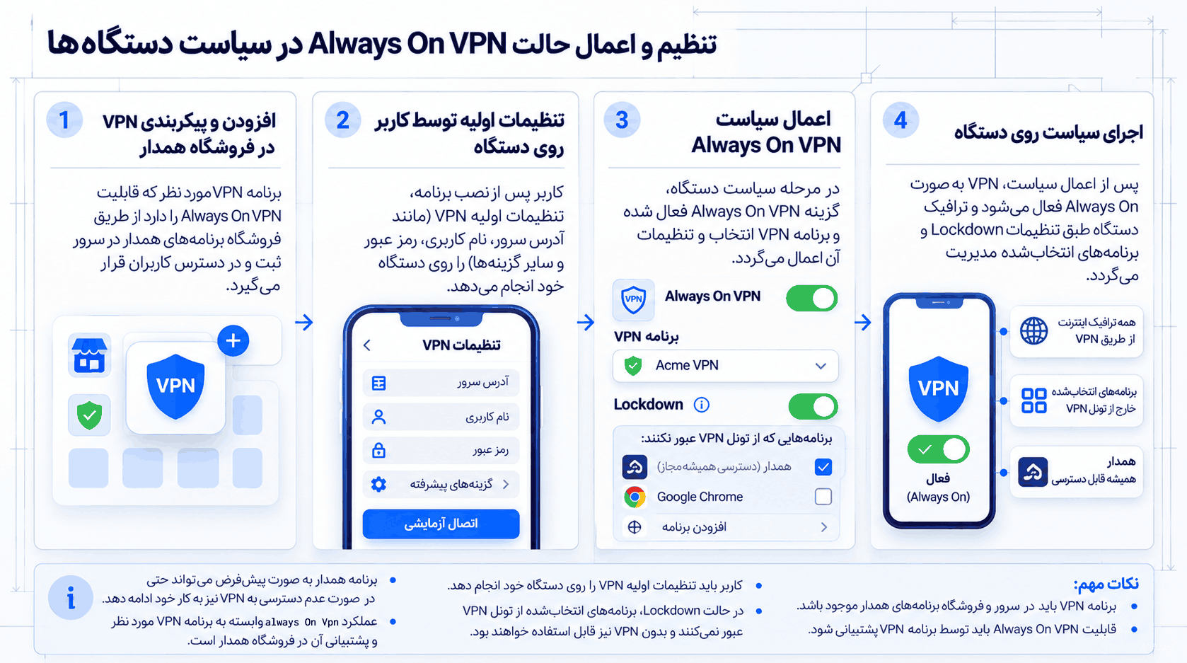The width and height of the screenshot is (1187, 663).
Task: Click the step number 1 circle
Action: pyautogui.click(x=64, y=120)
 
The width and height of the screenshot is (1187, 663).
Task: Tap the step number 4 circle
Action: pyautogui.click(x=901, y=120)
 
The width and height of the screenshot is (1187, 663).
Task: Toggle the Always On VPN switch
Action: pyautogui.click(x=811, y=298)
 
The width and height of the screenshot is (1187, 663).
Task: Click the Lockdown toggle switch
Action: pyautogui.click(x=813, y=406)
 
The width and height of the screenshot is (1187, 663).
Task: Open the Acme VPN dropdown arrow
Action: pyautogui.click(x=821, y=366)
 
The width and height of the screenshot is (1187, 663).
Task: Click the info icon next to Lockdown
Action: pyautogui.click(x=701, y=405)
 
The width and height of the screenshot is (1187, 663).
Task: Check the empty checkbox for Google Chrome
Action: pyautogui.click(x=823, y=497)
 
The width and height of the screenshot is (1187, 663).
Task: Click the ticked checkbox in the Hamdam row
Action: pyautogui.click(x=823, y=467)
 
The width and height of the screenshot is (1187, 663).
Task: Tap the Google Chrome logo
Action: pyautogui.click(x=635, y=497)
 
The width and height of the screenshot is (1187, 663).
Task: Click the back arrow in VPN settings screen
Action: pyautogui.click(x=367, y=345)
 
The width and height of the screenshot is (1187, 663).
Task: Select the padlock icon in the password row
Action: pyautogui.click(x=378, y=450)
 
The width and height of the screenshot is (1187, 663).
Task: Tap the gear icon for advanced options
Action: pyautogui.click(x=378, y=484)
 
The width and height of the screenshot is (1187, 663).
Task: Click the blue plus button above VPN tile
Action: pyautogui.click(x=233, y=341)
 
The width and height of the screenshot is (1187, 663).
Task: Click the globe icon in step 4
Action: pyautogui.click(x=1034, y=331)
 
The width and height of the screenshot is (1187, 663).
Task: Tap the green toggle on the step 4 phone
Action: pyautogui.click(x=939, y=449)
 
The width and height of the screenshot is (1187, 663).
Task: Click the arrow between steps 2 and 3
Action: pyautogui.click(x=586, y=322)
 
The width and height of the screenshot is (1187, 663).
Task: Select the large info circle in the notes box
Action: pyautogui.click(x=71, y=597)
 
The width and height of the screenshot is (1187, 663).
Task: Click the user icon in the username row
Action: pyautogui.click(x=378, y=417)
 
